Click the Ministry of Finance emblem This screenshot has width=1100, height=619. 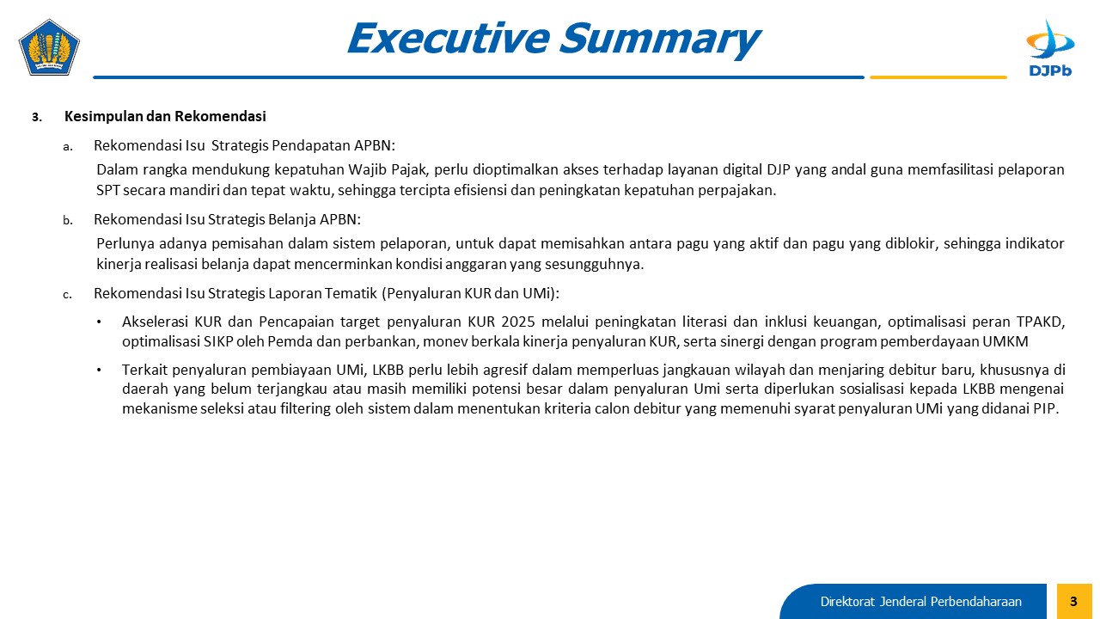(x=49, y=47)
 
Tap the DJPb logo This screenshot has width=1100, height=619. (x=1050, y=48)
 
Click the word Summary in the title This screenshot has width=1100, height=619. (x=661, y=39)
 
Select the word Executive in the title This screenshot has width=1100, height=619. (x=449, y=39)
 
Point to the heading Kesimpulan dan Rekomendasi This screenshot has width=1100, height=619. (x=165, y=116)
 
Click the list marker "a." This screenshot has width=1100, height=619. (x=68, y=146)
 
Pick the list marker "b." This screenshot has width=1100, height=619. (x=68, y=220)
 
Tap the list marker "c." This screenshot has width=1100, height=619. (x=68, y=295)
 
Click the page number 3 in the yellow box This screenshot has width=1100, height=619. (x=1073, y=601)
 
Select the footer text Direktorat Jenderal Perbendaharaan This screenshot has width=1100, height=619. (x=920, y=602)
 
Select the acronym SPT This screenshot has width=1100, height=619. (x=108, y=190)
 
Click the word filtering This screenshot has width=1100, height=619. (x=305, y=408)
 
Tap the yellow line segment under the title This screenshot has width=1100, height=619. (x=938, y=77)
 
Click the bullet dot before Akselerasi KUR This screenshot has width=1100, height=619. (x=99, y=322)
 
